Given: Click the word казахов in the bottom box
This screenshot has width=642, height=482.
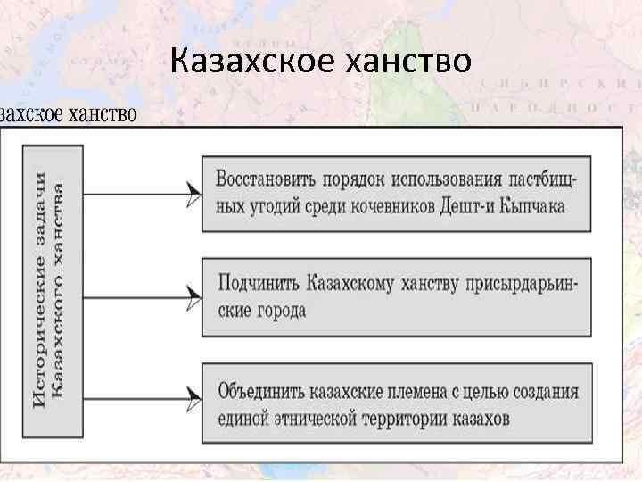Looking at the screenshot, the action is click(478, 418).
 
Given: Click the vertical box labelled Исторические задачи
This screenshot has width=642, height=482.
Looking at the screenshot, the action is click(53, 291).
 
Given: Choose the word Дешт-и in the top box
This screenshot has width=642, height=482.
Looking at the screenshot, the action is click(467, 206).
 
